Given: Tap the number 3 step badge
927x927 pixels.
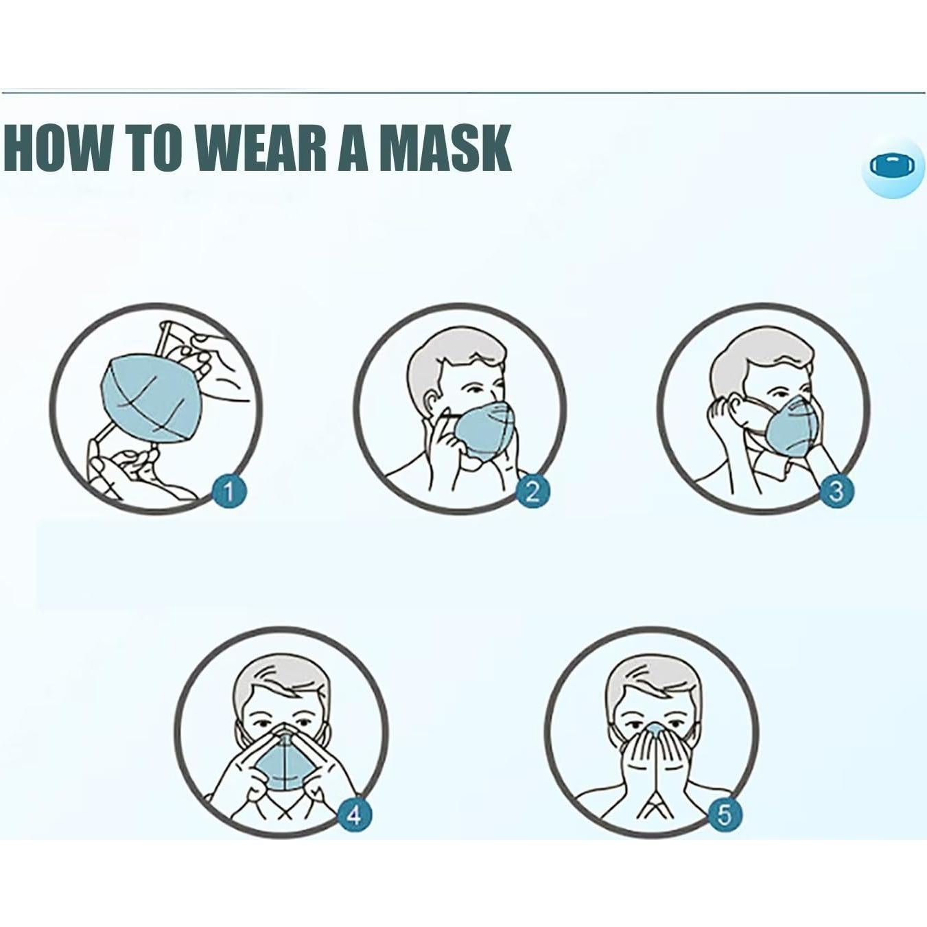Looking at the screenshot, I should [x=836, y=491].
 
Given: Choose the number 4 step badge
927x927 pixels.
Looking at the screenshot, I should [x=354, y=814].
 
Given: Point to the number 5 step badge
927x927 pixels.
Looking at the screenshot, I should [x=725, y=814].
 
